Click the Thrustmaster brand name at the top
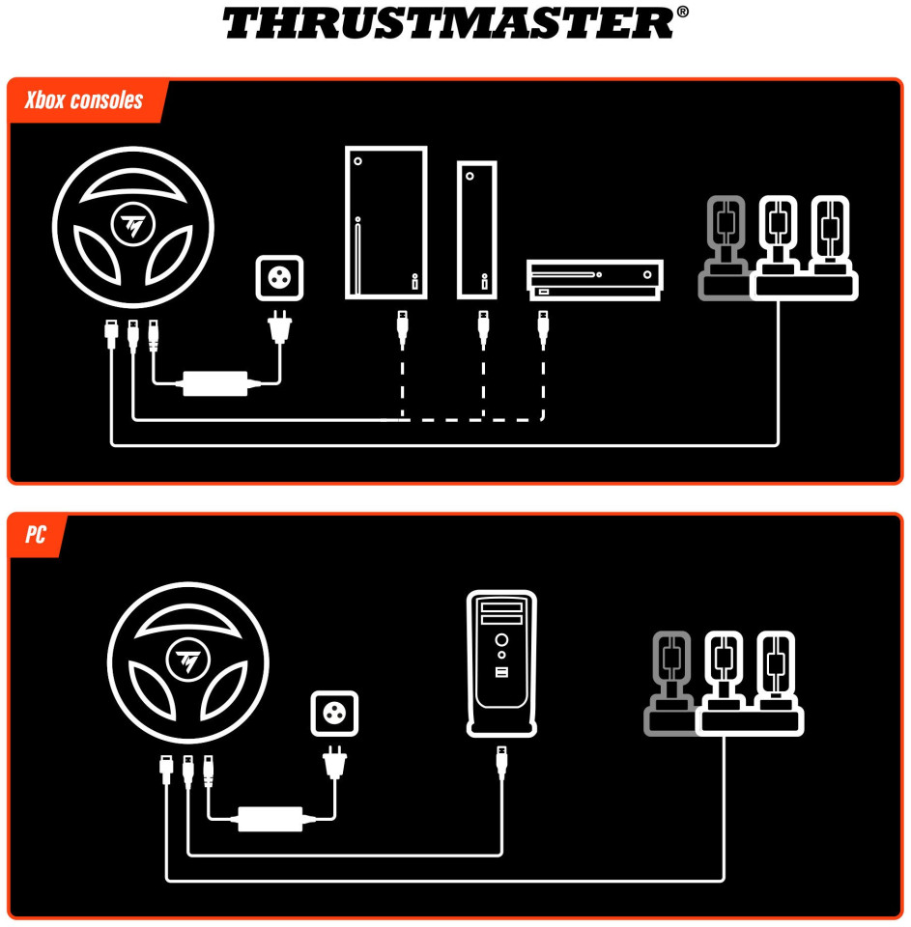[x=448, y=23]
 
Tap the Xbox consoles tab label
[x=84, y=100]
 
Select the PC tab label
[x=36, y=534]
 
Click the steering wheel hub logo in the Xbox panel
[x=132, y=225]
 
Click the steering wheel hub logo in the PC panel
[x=188, y=660]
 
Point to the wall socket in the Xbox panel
[x=280, y=278]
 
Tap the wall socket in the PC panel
[x=335, y=713]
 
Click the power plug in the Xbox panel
[x=280, y=327]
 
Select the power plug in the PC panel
[x=335, y=762]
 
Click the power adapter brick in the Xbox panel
[x=215, y=383]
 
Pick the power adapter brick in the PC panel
[x=270, y=819]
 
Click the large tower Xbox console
[x=386, y=223]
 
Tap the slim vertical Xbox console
[x=477, y=230]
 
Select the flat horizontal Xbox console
[x=594, y=280]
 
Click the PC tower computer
[x=501, y=663]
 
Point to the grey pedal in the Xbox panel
[x=725, y=248]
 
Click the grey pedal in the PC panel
[x=670, y=684]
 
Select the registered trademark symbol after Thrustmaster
[x=682, y=12]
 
